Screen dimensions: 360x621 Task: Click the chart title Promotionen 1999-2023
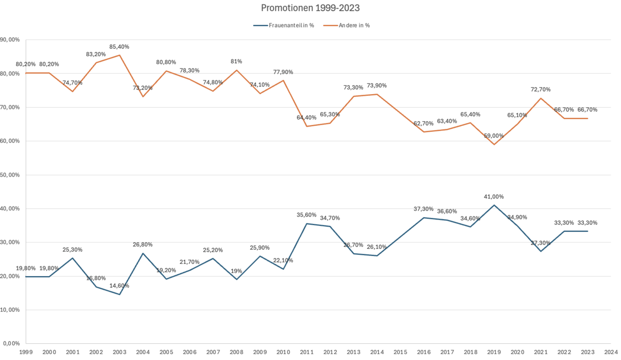[310, 8]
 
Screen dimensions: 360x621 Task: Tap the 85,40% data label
[120, 47]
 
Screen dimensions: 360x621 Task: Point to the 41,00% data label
[494, 197]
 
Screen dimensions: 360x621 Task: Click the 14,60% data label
[120, 285]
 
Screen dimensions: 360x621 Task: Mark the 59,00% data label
[494, 136]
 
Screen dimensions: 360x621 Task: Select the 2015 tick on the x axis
[401, 351]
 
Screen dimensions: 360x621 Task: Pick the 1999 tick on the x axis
[26, 351]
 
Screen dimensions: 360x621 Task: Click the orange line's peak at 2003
[120, 55]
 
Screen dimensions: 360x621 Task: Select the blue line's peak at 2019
[494, 205]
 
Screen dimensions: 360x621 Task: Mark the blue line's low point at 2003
[120, 294]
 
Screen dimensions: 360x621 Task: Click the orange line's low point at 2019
[494, 144]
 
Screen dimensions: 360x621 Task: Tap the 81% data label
[237, 61]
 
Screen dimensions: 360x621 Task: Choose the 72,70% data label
[541, 90]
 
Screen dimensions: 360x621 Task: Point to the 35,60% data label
[307, 215]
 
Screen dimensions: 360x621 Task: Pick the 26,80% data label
[143, 245]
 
